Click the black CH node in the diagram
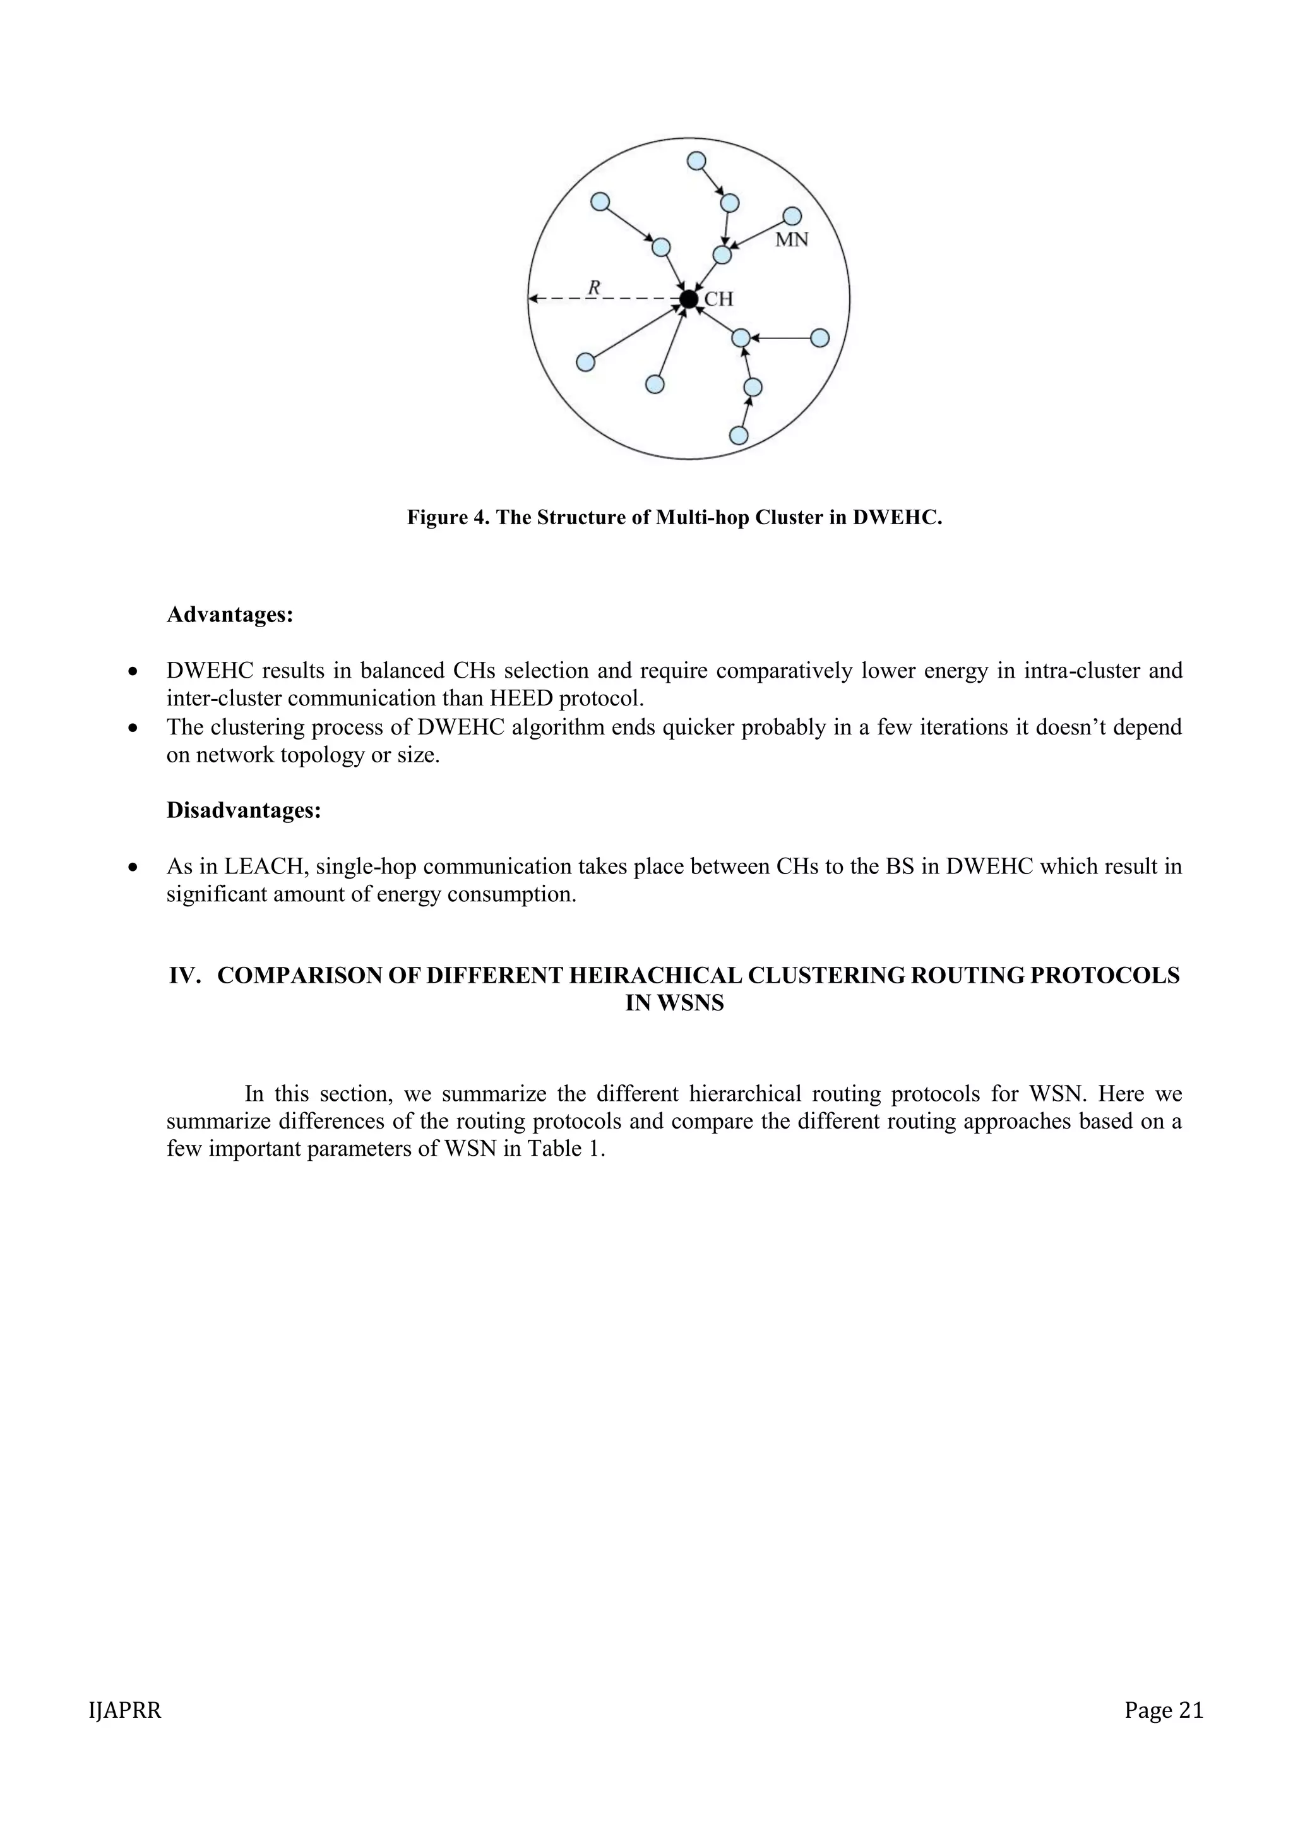689,299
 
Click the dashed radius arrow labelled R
605,299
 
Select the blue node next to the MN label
792,216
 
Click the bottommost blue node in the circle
739,435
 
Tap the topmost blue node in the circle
696,161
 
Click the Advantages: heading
230,615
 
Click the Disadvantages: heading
244,810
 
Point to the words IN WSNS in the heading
674,1004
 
